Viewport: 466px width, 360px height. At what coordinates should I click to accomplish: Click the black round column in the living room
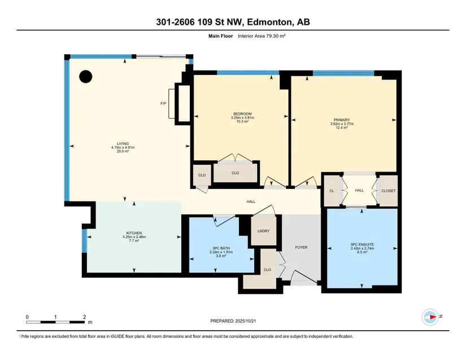[86, 76]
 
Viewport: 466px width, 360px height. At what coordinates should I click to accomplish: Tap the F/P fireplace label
[163, 104]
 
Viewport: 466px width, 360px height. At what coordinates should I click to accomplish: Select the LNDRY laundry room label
[264, 231]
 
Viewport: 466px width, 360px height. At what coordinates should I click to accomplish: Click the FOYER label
[301, 247]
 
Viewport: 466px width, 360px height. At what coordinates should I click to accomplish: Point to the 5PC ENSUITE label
[362, 244]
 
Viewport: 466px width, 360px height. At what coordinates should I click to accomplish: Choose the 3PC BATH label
[221, 248]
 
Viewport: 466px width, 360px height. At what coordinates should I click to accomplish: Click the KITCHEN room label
[134, 233]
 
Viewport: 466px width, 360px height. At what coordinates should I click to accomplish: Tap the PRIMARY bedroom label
[342, 120]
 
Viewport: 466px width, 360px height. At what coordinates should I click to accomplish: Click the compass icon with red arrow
[430, 317]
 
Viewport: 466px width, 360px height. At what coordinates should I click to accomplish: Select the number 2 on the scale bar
[85, 317]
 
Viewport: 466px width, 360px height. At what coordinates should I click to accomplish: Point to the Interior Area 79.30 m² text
[262, 36]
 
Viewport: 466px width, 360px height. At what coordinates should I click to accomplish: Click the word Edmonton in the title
[269, 22]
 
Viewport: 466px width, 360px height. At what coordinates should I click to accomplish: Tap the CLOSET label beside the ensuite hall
[389, 191]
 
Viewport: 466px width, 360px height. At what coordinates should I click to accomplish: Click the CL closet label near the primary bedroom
[332, 191]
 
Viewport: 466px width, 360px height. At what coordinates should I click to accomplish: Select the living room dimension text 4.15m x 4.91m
[123, 147]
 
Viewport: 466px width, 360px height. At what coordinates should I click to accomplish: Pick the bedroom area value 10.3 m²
[242, 121]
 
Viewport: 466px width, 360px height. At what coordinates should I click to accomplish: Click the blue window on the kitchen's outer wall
[84, 241]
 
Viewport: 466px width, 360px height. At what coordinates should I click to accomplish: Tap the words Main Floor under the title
[220, 36]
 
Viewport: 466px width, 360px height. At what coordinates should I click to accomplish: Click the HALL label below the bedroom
[251, 201]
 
